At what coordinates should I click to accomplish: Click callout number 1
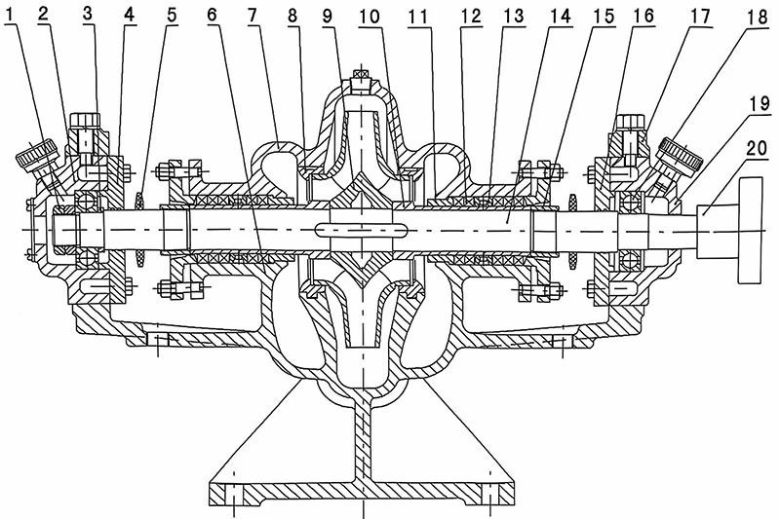point(8,16)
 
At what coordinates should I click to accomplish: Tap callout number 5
point(172,15)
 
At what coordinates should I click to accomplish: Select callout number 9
point(327,16)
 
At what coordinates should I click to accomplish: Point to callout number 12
point(471,16)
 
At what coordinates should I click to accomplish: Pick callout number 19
point(760,103)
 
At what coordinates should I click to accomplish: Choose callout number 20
point(757,149)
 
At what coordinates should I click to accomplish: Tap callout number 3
point(88,14)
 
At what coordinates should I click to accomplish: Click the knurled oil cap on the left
point(37,153)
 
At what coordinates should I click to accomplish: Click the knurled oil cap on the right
point(681,154)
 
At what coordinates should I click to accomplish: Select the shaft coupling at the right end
point(730,230)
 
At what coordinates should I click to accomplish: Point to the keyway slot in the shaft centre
point(362,230)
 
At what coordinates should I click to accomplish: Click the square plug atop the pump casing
point(362,82)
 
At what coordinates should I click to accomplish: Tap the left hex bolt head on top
point(86,120)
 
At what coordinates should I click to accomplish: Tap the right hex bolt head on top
point(631,121)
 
